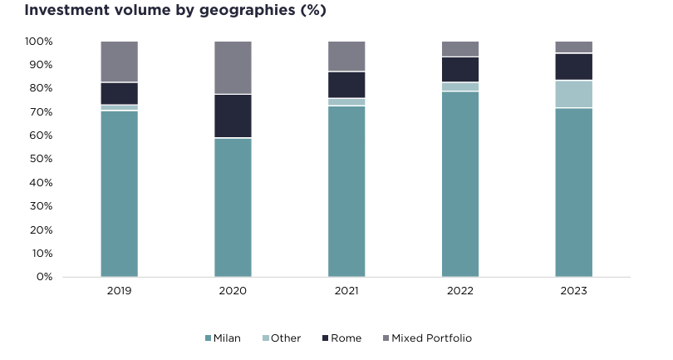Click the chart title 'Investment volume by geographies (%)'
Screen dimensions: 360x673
(174, 11)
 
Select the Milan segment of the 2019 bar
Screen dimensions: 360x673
(119, 193)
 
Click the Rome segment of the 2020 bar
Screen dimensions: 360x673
(233, 116)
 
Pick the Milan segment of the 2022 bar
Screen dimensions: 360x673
(460, 184)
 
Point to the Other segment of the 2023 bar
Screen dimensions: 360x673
(573, 94)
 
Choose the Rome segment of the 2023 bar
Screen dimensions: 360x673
(573, 67)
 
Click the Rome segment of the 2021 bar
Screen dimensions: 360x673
(346, 85)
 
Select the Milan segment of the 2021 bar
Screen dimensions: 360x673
(346, 191)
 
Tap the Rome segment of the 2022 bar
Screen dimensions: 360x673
(460, 69)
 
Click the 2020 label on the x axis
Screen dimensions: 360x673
(233, 291)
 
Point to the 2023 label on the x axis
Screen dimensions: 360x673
(573, 291)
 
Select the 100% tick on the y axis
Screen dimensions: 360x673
(39, 42)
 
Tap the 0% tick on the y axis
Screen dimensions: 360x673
(44, 277)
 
